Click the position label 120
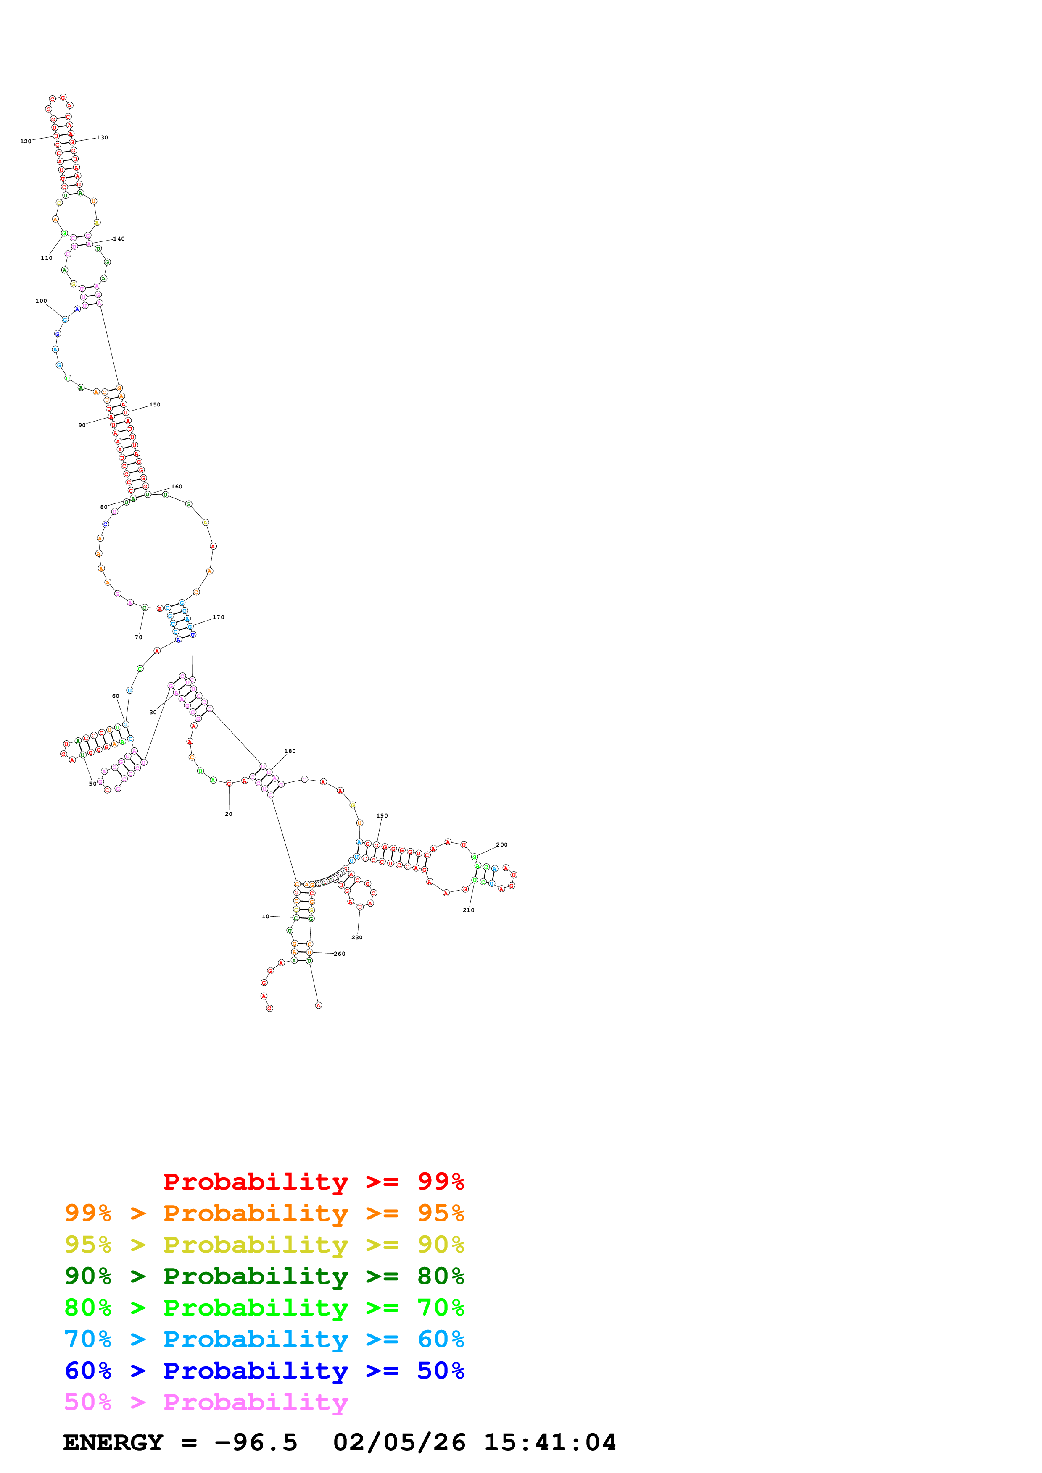26,141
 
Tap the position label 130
102,138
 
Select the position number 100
41,301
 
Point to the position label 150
155,405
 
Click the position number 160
177,486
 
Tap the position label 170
218,617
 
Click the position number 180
290,751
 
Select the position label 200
501,845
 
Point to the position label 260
340,954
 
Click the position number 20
229,814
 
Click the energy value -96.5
256,1443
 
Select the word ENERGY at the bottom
113,1443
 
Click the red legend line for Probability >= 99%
313,1182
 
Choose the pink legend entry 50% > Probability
206,1402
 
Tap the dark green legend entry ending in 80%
264,1276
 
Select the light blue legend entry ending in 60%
264,1339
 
